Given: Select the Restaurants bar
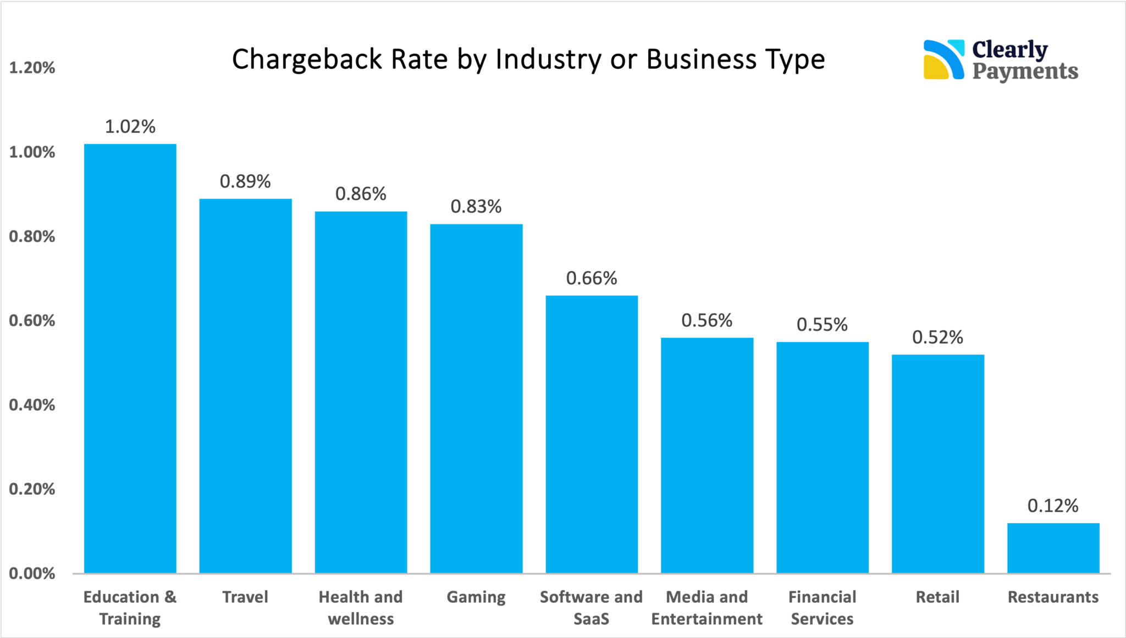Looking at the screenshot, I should pos(1053,548).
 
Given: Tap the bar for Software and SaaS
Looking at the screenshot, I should pos(592,435).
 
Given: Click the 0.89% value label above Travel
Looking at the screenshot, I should pos(245,182).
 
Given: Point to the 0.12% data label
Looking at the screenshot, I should pos(1053,506).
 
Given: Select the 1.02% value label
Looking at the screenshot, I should pos(130,127).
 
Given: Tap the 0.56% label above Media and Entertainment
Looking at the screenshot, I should pos(707,321).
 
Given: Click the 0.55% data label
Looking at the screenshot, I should pos(822,325).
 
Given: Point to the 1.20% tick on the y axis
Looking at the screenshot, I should pos(32,68).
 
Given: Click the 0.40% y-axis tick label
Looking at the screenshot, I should pos(32,405).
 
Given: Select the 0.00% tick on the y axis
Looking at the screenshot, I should pos(32,574).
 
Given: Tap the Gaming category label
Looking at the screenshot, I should pos(476,597).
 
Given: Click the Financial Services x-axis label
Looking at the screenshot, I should pos(822,608).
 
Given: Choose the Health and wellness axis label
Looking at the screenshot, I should pos(361,608).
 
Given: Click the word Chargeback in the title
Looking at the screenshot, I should pos(307,59).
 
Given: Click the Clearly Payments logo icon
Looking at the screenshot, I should pos(943,59).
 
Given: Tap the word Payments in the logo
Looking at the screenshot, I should pos(1025,71).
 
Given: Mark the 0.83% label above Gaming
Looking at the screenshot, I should pos(476,207).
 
